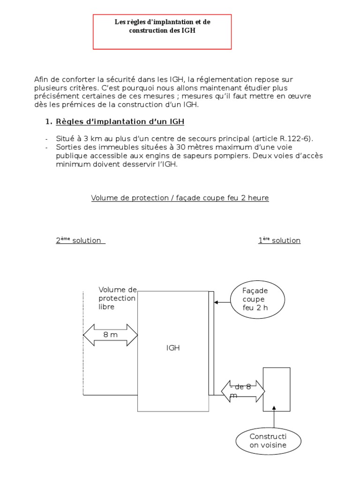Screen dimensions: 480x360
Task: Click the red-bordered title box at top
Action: [162, 31]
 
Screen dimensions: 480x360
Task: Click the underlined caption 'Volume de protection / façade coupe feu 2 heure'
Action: [180, 198]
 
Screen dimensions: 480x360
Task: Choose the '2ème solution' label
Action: [80, 240]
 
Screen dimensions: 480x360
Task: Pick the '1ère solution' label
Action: [279, 240]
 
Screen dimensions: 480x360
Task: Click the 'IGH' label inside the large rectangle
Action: [173, 348]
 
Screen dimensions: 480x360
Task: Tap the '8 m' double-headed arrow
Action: [111, 335]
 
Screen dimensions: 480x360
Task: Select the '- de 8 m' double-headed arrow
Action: [243, 391]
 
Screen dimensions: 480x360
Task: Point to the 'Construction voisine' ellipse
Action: [268, 441]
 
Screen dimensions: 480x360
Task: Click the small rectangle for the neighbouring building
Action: [277, 389]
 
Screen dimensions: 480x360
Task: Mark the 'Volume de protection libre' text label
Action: [117, 298]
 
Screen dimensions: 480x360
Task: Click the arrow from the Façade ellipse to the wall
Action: [222, 302]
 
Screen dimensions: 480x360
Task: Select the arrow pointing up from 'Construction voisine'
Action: [274, 419]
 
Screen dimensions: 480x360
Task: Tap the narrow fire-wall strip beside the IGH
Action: [211, 343]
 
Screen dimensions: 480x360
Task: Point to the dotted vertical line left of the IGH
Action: [83, 343]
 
